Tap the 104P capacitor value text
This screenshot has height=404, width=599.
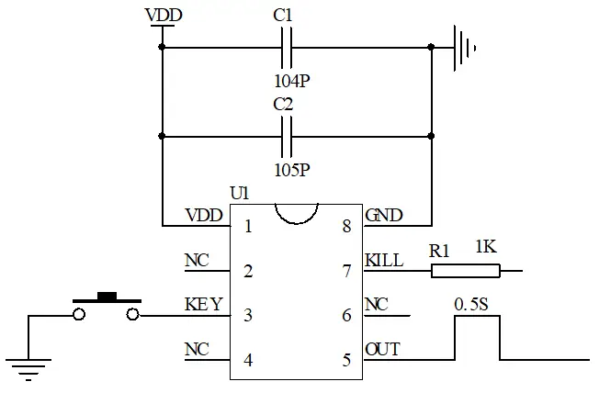[x=291, y=81]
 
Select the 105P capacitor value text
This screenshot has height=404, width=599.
[x=291, y=170]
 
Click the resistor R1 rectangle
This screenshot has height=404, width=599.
[x=466, y=271]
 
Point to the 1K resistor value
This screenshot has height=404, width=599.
[x=487, y=248]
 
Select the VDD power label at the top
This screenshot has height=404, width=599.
[x=163, y=16]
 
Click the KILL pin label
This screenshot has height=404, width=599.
[x=384, y=260]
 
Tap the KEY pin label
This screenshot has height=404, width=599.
[x=203, y=304]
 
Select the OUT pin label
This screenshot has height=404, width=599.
[x=381, y=349]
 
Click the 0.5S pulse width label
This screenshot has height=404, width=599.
[x=472, y=303]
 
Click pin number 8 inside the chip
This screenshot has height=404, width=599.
[x=346, y=227]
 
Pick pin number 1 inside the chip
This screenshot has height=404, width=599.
[x=248, y=227]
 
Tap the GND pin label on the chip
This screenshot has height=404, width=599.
[x=383, y=216]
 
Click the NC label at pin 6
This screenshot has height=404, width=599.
[x=376, y=304]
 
